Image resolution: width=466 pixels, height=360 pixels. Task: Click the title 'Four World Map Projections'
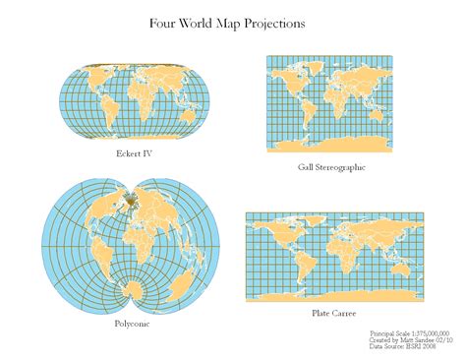[226, 22]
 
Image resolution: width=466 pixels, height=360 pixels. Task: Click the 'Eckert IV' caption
[133, 154]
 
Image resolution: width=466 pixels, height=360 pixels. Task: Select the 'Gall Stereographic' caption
[331, 167]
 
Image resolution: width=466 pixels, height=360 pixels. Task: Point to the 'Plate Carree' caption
[331, 312]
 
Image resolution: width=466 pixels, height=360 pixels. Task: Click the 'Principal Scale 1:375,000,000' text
[410, 333]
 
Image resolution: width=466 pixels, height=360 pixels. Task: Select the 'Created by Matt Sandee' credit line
[410, 340]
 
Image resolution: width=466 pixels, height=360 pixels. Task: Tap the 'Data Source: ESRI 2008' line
[402, 347]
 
